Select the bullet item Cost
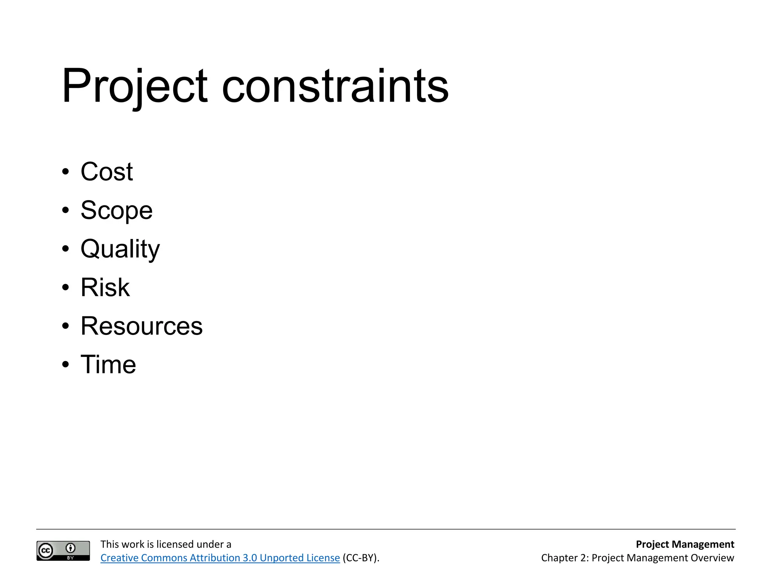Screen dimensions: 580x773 [106, 172]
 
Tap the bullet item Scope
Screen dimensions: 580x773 [116, 210]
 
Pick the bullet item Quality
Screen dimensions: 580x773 [120, 249]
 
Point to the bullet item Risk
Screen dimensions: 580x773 [105, 287]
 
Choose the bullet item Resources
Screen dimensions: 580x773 [142, 326]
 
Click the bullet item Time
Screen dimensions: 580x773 [108, 364]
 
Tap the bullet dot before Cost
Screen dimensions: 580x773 [66, 172]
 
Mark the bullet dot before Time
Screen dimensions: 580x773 [66, 365]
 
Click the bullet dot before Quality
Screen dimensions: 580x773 [66, 249]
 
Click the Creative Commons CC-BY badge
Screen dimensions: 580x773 [63, 551]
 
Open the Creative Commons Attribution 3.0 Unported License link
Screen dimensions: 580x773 [220, 558]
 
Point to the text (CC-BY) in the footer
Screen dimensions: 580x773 [360, 558]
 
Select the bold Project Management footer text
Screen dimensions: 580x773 [685, 544]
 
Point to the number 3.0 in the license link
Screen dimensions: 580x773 [249, 558]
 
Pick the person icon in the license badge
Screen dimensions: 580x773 [71, 548]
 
